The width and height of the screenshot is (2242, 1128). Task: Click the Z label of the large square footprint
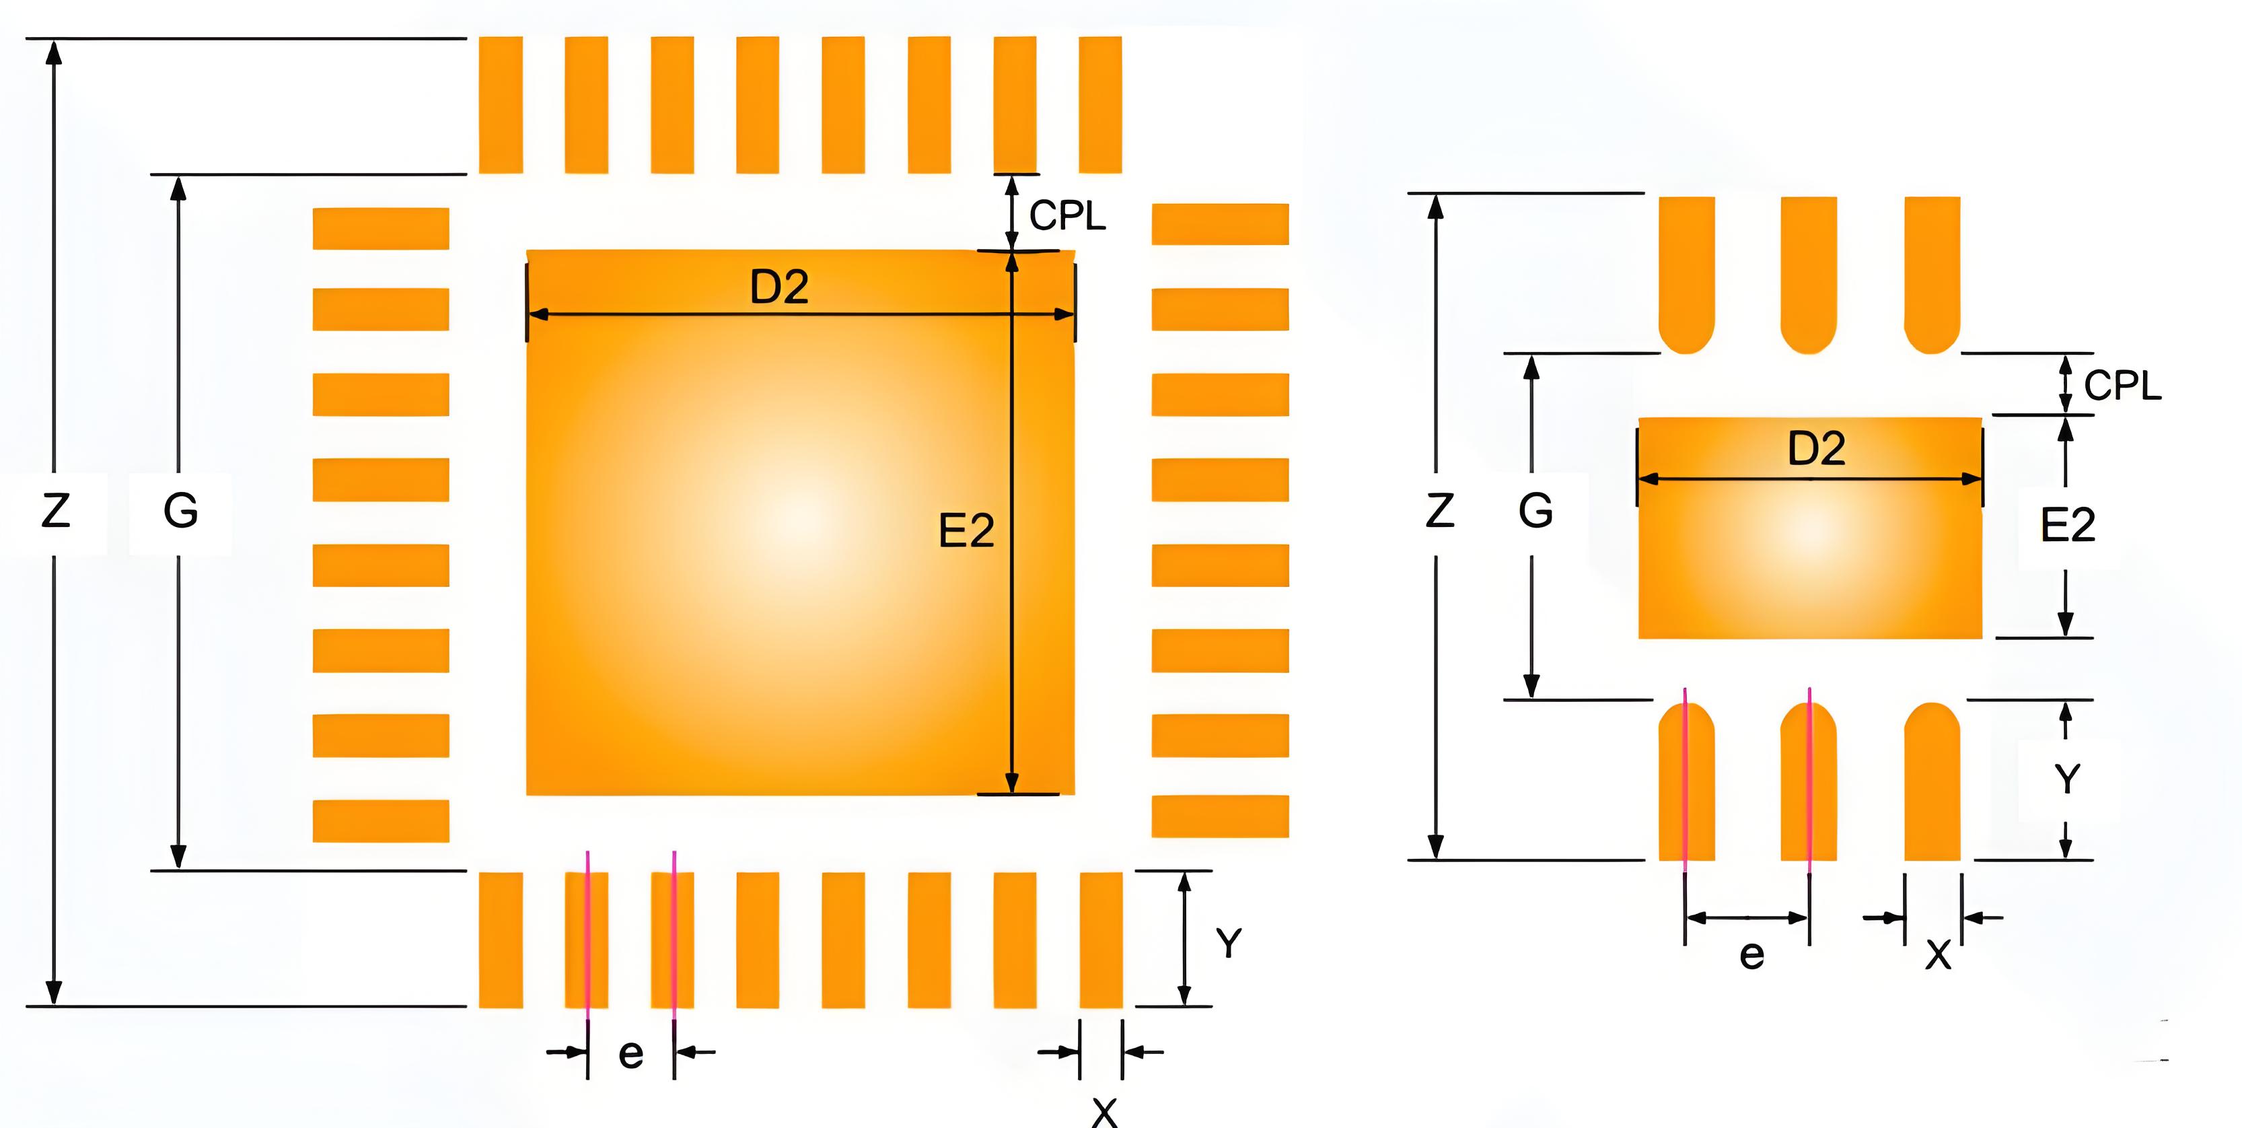point(56,511)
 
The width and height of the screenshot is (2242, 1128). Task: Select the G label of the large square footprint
point(180,511)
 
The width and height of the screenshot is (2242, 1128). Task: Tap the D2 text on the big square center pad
point(779,287)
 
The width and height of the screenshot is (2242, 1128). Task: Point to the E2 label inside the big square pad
point(966,531)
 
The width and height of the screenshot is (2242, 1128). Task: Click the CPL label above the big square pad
point(1067,216)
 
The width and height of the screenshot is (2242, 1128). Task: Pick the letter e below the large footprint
point(631,1055)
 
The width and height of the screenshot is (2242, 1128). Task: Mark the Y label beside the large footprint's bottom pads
point(1229,944)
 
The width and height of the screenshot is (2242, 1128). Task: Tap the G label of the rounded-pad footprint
point(1535,511)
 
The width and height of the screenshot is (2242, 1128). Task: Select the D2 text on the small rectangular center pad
point(1816,449)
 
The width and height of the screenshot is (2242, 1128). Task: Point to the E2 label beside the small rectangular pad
point(2068,526)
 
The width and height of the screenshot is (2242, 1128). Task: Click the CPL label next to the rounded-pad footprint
point(2123,386)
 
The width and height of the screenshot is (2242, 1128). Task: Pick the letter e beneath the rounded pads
point(1752,956)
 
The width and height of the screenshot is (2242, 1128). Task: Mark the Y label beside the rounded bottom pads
point(2068,779)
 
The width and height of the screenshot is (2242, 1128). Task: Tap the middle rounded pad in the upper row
point(1809,274)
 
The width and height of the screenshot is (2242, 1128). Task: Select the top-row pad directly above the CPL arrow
point(1015,104)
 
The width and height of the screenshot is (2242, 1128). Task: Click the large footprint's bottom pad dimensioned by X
point(1101,940)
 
